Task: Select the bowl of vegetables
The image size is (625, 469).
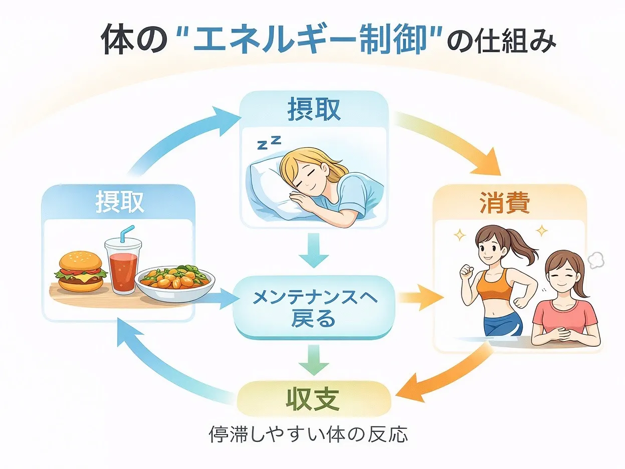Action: click(175, 283)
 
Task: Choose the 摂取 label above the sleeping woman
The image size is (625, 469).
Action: click(314, 109)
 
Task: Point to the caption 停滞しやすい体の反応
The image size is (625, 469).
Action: click(308, 434)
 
